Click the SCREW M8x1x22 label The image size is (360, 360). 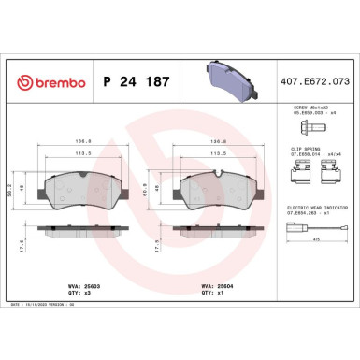(x=309, y=108)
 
